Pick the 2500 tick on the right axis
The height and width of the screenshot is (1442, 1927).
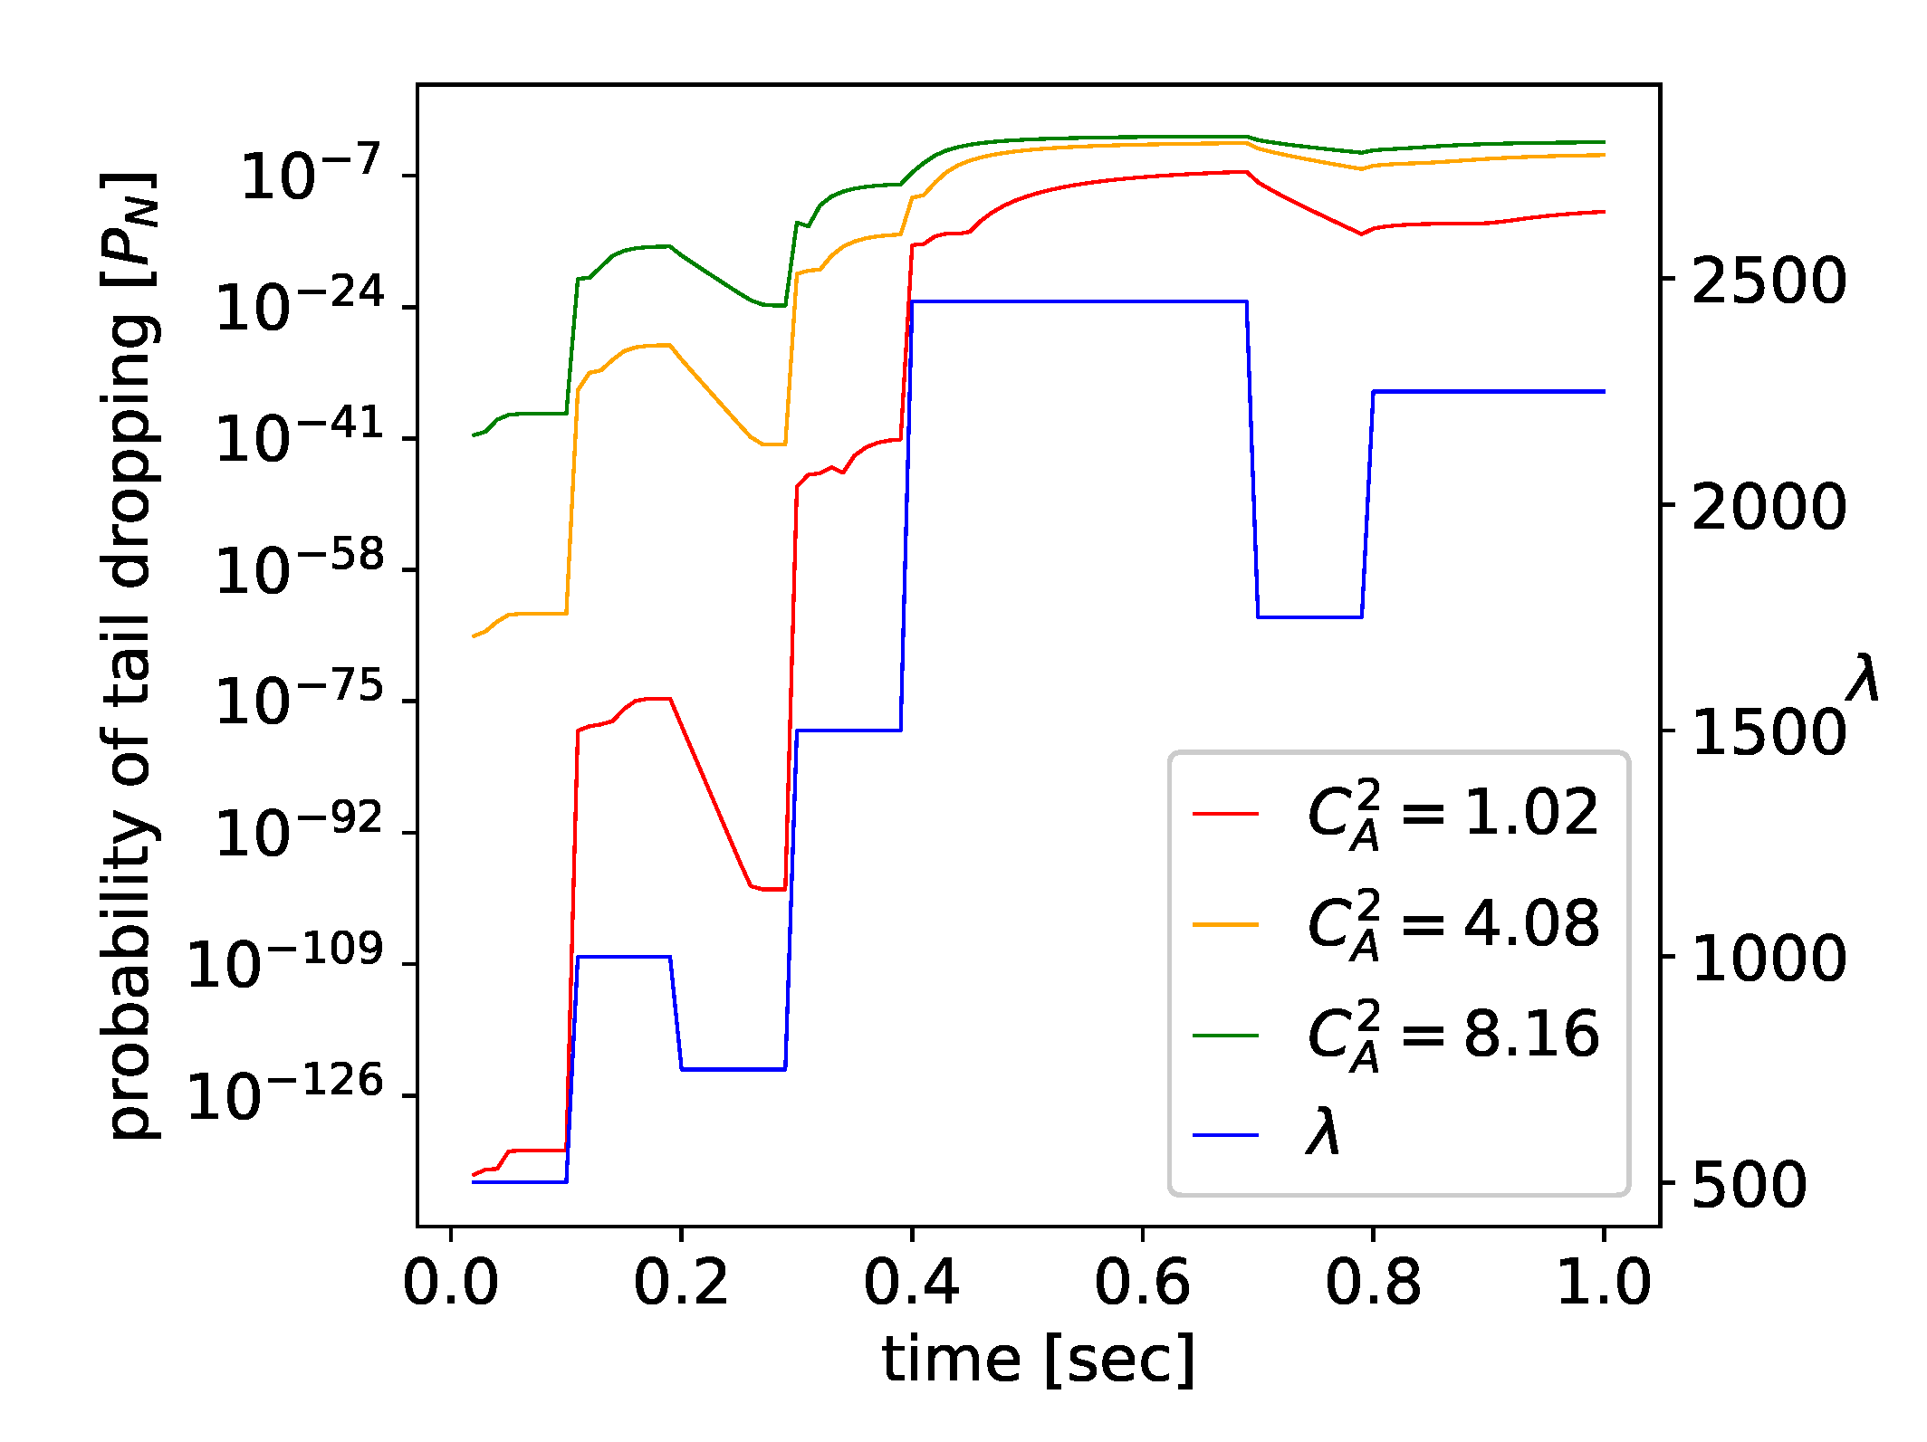[1768, 280]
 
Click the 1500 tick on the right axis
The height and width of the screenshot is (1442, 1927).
[1768, 731]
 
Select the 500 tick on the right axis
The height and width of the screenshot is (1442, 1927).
[1749, 1183]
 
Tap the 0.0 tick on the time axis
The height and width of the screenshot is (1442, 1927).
[450, 1283]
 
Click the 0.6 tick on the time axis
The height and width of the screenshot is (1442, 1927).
[1142, 1283]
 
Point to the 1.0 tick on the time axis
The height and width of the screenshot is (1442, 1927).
[1604, 1283]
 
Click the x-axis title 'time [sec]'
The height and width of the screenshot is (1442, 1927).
[1039, 1360]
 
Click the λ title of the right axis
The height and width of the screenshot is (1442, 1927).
[1864, 678]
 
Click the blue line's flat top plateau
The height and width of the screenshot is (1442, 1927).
[1078, 301]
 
